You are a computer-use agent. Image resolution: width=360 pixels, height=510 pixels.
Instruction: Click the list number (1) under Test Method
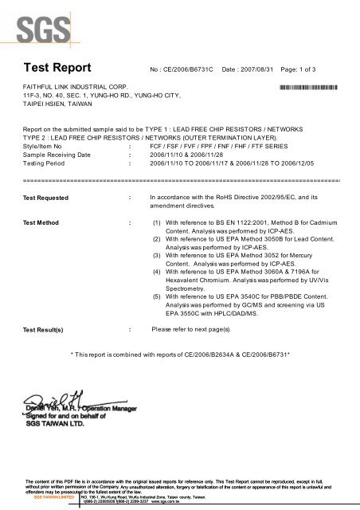pyautogui.click(x=158, y=223)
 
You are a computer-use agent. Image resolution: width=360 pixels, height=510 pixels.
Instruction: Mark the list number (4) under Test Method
pyautogui.click(x=158, y=276)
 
